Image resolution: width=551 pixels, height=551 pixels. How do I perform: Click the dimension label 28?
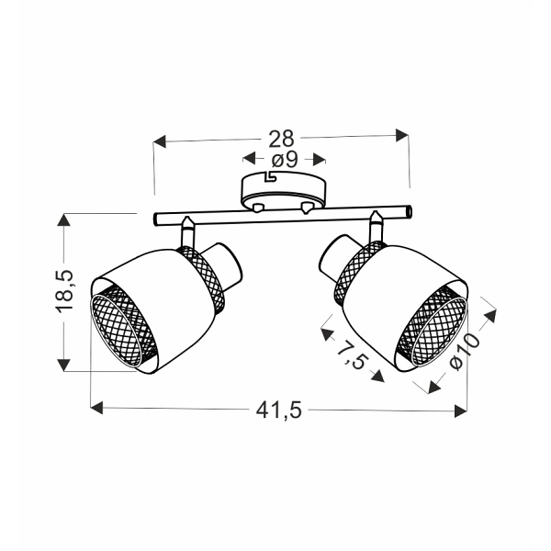point(281,139)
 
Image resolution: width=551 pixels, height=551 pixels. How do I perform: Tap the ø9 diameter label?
point(285,160)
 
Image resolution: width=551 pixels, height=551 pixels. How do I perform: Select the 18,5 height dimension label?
point(64,291)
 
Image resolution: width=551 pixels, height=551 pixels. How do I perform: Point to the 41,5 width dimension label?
point(278,410)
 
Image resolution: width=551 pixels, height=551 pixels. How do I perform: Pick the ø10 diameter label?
point(465,352)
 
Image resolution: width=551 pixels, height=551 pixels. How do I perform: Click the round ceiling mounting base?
point(283,191)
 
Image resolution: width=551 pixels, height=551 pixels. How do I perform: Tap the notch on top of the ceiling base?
point(270,176)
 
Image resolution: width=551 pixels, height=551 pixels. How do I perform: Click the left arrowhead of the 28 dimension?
point(159,141)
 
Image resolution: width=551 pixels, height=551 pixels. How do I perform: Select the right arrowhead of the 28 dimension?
point(402,135)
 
